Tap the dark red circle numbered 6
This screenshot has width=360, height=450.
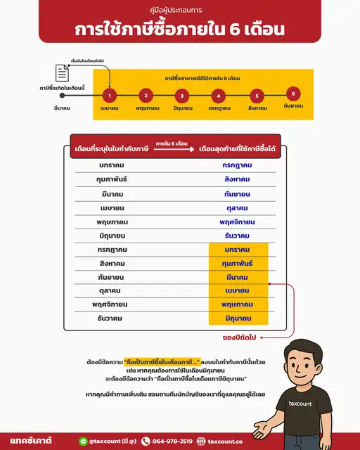(x=294, y=94)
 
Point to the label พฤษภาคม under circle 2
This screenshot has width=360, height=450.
(x=146, y=110)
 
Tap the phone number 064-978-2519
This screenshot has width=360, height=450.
(x=172, y=441)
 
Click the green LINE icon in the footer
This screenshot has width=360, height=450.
(x=83, y=441)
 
